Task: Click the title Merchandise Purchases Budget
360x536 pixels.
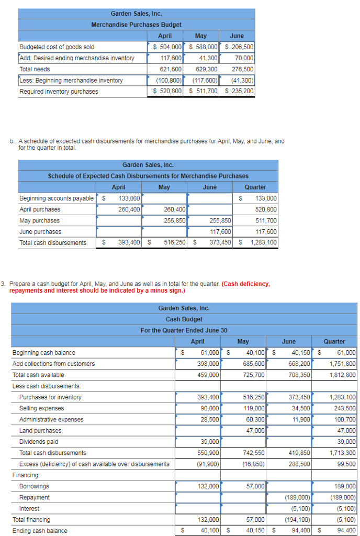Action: (136, 25)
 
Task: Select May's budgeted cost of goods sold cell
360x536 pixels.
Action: (202, 47)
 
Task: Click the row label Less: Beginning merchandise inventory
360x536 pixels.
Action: (71, 81)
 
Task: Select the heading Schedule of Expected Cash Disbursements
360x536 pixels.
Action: (148, 176)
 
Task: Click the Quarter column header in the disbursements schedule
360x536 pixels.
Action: (255, 187)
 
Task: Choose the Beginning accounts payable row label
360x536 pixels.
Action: (57, 198)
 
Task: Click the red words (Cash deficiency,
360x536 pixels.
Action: (246, 284)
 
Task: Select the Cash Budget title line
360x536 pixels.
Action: (184, 319)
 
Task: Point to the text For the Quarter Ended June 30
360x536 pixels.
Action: (184, 330)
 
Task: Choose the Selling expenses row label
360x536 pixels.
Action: (42, 408)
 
